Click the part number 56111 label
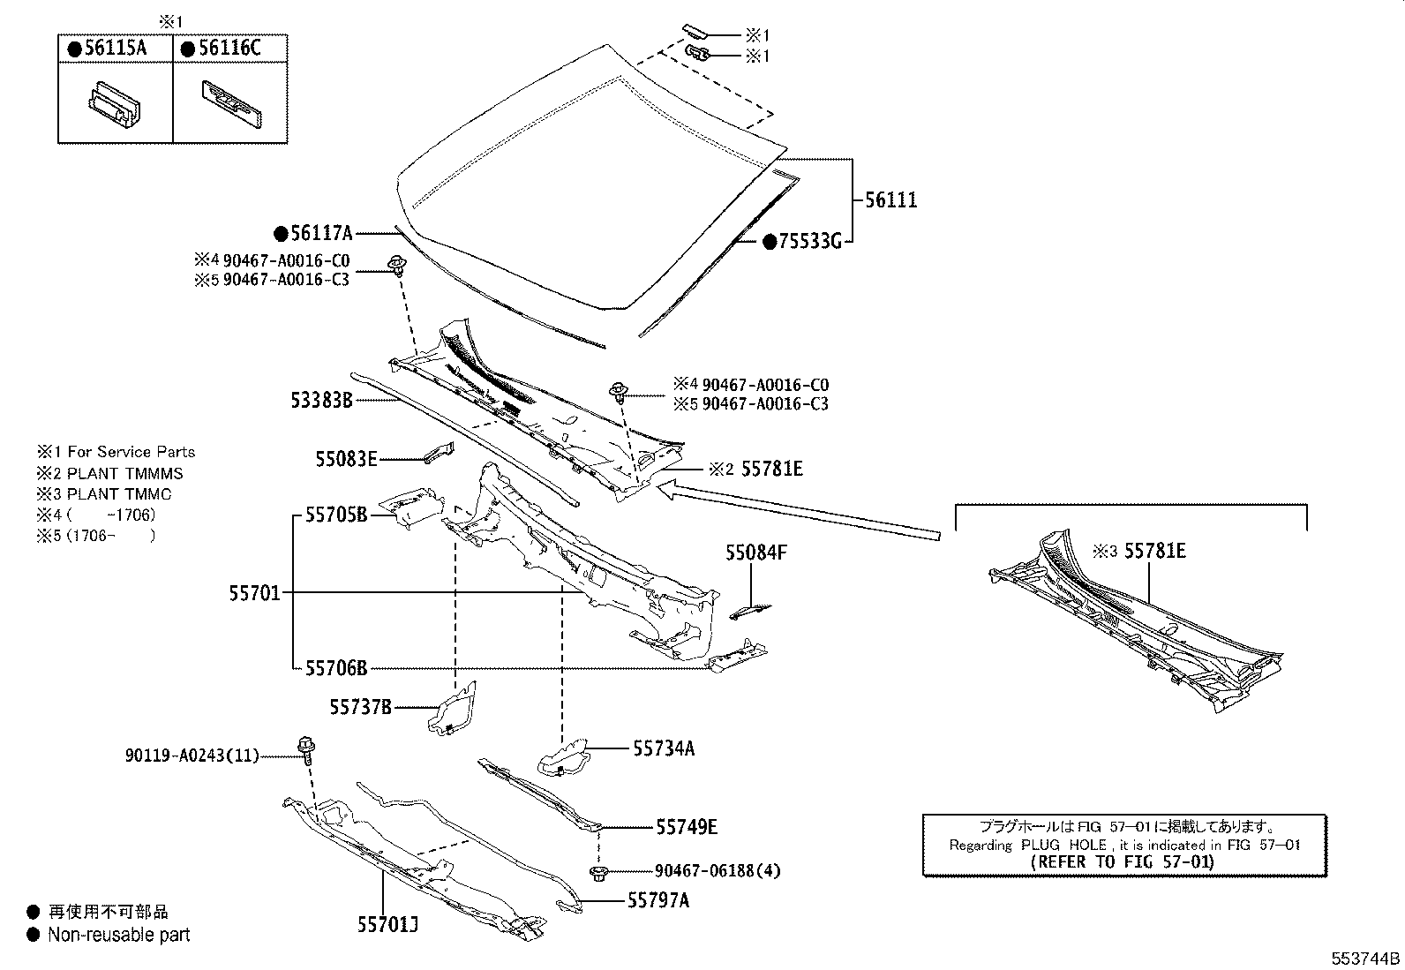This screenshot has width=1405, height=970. (x=890, y=200)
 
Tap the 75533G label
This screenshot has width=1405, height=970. (x=809, y=241)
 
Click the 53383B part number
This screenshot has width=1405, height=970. (x=321, y=401)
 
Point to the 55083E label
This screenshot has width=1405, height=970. (x=346, y=459)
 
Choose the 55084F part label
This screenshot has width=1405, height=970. (x=755, y=553)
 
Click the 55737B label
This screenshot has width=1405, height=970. (x=360, y=706)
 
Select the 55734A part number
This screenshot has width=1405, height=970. (x=664, y=748)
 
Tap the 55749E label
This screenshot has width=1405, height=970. (x=686, y=827)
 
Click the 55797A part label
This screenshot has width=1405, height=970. (x=658, y=900)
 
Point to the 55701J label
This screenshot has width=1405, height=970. (x=387, y=924)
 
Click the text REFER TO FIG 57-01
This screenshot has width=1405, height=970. (x=1123, y=862)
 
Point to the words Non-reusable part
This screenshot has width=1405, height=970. (x=118, y=935)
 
